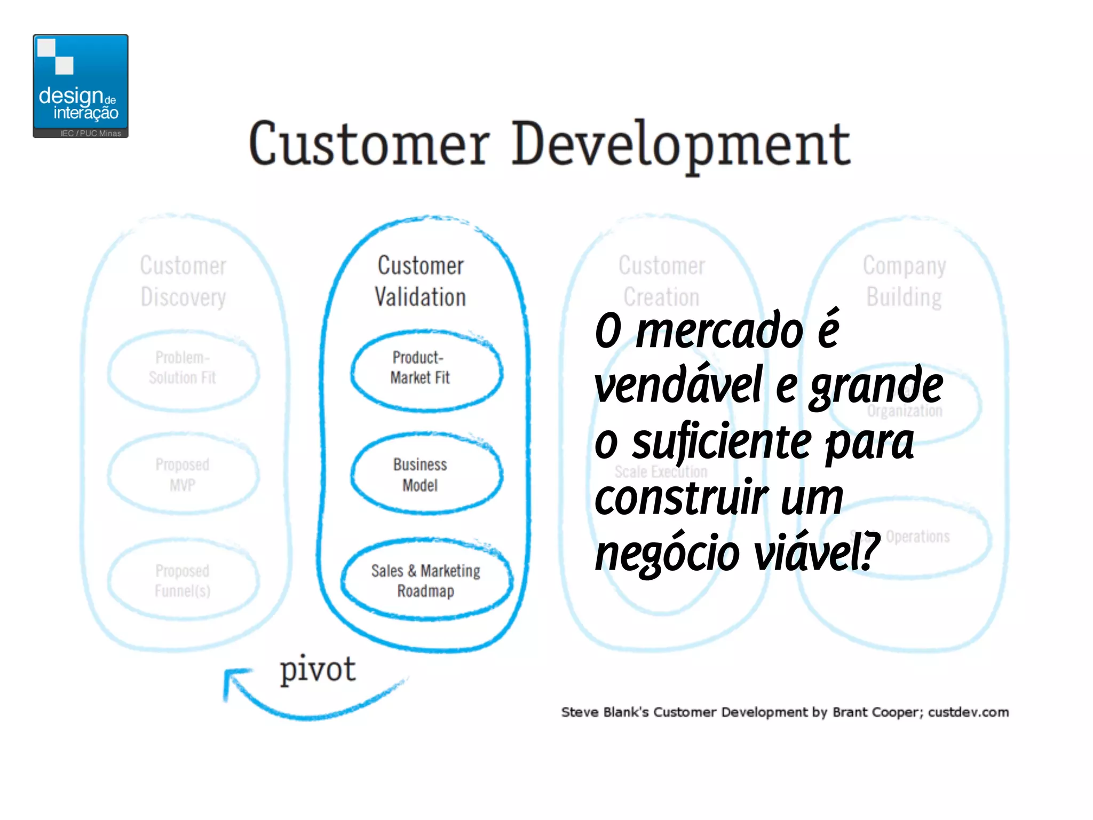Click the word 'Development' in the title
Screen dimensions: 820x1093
point(681,144)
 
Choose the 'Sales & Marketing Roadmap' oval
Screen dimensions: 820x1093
point(426,580)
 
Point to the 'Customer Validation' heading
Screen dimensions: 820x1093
point(421,281)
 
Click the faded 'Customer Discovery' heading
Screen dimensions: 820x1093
point(183,281)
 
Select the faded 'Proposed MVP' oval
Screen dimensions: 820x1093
point(183,474)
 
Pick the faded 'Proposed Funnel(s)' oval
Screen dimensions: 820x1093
point(183,580)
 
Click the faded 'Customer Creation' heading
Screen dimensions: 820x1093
point(662,281)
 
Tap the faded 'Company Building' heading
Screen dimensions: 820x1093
point(905,281)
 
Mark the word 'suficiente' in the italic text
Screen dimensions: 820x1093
point(722,443)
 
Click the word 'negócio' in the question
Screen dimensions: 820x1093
point(667,554)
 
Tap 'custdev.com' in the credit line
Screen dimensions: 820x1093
point(968,712)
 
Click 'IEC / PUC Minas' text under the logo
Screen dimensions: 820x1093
point(91,133)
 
